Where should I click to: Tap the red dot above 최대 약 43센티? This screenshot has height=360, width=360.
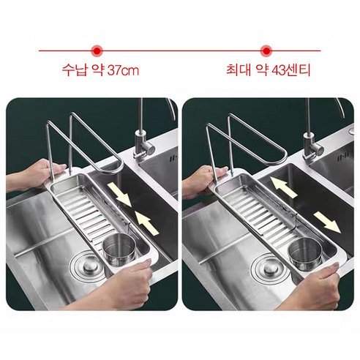click(x=266, y=50)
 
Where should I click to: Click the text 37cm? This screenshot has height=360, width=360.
click(x=123, y=72)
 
